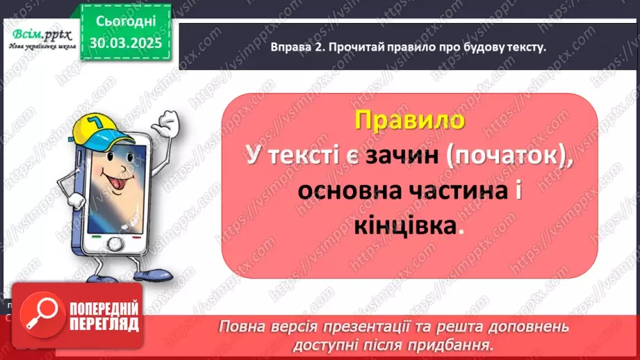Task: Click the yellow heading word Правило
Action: coord(409,119)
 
